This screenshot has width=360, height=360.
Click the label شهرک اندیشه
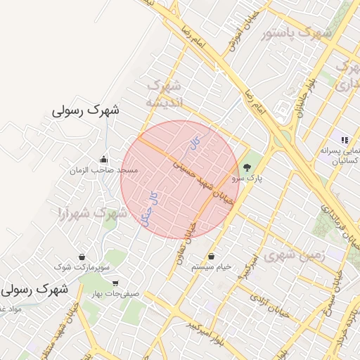point(165,94)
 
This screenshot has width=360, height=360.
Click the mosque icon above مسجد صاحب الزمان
point(104,159)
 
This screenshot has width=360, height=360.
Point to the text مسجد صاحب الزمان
point(103,170)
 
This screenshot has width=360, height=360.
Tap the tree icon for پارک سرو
point(247,167)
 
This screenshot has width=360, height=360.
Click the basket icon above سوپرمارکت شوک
point(82,257)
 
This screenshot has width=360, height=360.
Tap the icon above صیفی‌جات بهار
point(115,283)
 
